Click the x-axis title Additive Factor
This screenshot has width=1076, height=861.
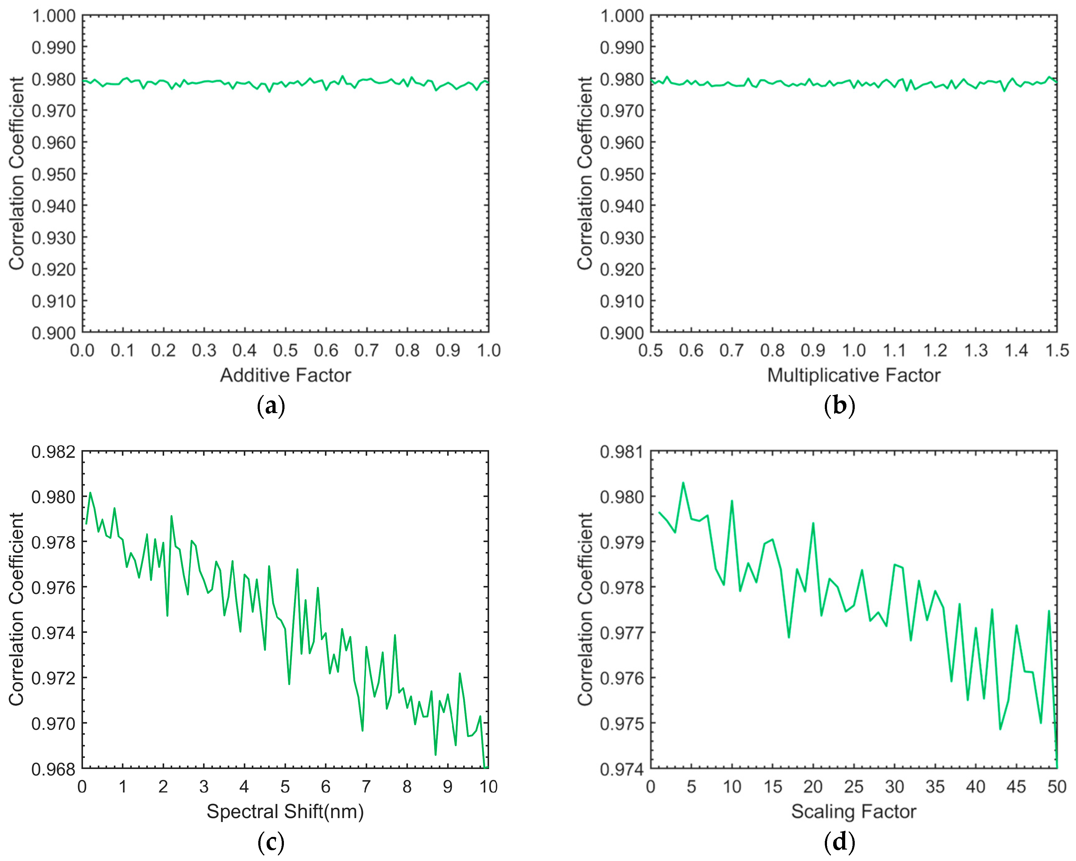point(285,375)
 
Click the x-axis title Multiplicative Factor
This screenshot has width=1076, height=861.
point(854,375)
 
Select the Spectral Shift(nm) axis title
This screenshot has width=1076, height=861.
point(285,812)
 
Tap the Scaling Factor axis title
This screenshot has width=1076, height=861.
point(854,812)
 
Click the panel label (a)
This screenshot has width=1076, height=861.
point(271,406)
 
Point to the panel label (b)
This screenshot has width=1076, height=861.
point(839,406)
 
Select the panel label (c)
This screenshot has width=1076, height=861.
point(271,842)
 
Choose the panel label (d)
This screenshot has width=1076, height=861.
point(839,842)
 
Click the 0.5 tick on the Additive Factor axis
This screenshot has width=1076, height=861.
point(285,351)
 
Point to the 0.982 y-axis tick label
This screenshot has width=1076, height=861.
point(53,452)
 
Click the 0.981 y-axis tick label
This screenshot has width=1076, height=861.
point(622,452)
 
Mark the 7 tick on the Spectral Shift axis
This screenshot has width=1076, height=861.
point(366,787)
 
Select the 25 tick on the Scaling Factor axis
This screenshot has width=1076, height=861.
point(854,787)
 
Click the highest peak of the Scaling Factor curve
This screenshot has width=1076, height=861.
point(683,483)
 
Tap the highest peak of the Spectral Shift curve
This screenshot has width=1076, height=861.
point(90,492)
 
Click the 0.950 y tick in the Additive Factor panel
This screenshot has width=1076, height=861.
point(53,174)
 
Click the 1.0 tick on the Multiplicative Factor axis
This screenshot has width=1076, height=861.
point(854,351)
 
